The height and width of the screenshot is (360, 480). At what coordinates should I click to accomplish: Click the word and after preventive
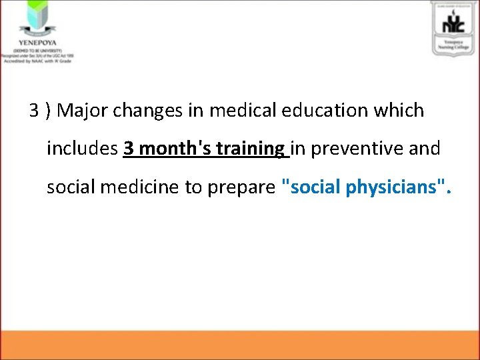(x=425, y=149)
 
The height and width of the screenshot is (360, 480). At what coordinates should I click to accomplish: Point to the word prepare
(x=241, y=187)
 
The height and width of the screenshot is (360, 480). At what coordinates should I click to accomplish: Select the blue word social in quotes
(x=314, y=187)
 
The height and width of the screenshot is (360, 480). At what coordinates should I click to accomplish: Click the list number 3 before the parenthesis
(x=34, y=110)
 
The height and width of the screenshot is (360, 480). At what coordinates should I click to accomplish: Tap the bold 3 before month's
(x=129, y=149)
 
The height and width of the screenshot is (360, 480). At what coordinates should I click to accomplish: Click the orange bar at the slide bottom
(x=240, y=345)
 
